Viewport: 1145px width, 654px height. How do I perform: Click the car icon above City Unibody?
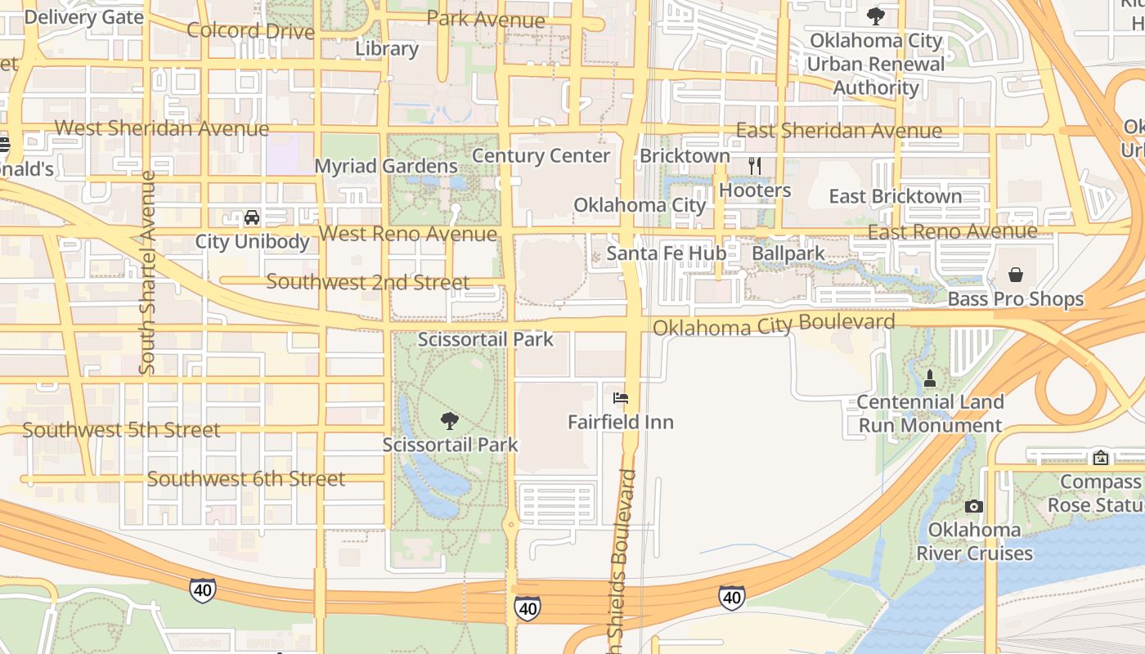click(252, 217)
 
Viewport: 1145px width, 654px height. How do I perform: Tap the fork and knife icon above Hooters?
click(755, 166)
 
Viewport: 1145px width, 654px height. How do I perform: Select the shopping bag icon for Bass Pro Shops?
click(1016, 275)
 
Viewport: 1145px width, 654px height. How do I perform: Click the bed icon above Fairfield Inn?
click(621, 398)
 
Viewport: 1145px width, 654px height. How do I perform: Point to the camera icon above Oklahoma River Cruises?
click(973, 506)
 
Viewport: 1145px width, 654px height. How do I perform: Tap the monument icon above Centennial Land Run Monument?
click(930, 379)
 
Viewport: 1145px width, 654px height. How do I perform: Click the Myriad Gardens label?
click(386, 166)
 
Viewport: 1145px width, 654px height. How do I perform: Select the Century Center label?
click(541, 155)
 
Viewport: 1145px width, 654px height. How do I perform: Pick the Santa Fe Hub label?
click(666, 253)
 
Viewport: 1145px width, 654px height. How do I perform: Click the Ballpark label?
click(788, 253)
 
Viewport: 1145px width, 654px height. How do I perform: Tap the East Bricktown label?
click(896, 196)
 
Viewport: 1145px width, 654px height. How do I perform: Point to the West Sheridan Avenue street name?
click(162, 128)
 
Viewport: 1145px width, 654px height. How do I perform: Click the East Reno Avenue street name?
click(952, 231)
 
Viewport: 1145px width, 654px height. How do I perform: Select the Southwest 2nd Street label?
click(368, 282)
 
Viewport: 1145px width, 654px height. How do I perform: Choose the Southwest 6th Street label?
click(246, 479)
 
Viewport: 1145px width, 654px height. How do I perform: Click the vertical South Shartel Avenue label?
click(147, 272)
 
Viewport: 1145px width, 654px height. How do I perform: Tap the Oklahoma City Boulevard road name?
click(774, 325)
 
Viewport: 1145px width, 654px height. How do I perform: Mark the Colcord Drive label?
click(251, 31)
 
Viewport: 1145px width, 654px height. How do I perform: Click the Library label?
click(387, 49)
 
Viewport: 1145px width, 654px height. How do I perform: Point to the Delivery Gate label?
click(85, 16)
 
